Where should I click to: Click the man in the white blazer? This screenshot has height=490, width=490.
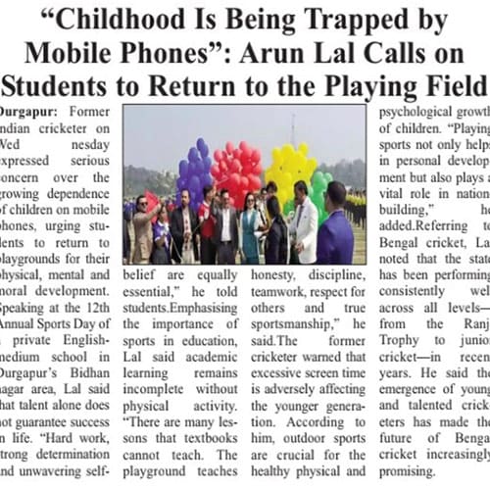click(302, 225)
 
